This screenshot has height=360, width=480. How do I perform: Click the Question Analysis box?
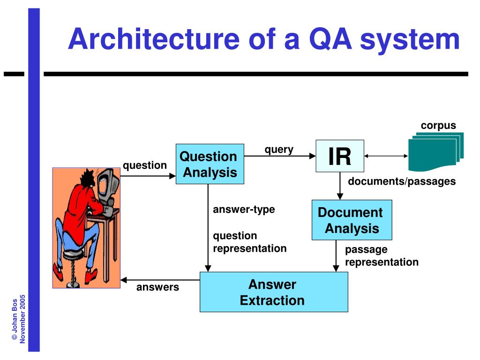(x=210, y=164)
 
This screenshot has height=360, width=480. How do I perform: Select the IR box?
(x=340, y=157)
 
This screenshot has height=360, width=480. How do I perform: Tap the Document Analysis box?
(x=352, y=220)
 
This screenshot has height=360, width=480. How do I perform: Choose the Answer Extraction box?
(x=274, y=292)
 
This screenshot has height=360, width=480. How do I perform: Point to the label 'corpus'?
(x=438, y=125)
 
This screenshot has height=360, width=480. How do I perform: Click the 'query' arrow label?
(x=279, y=150)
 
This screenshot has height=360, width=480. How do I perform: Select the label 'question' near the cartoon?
(x=145, y=165)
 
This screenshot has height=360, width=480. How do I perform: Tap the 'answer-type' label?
(x=244, y=210)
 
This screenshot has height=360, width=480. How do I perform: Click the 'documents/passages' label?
(x=402, y=181)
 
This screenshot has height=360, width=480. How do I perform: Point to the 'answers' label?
(x=157, y=287)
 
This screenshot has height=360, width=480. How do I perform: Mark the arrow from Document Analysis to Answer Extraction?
(x=336, y=256)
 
